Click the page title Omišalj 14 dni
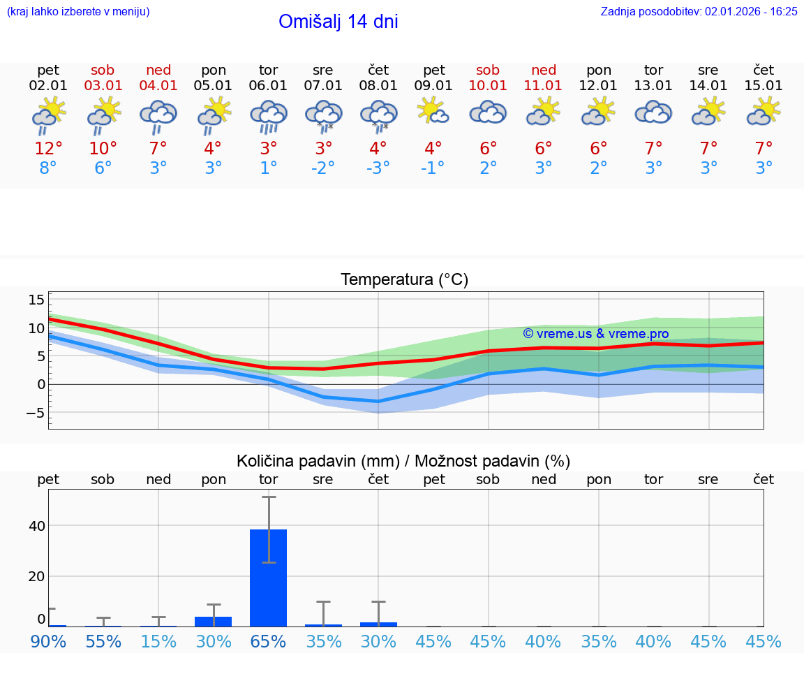338,22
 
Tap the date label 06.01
268,85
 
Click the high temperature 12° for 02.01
48,148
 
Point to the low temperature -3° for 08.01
378,168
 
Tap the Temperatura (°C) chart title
404,280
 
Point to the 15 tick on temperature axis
36,300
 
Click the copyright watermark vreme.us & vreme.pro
595,334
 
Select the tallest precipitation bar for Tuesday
268,578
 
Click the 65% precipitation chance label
268,641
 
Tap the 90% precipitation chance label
48,641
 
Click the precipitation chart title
403,461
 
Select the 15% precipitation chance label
158,641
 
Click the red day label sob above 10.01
488,70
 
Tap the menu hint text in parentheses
78,11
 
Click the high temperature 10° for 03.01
103,148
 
